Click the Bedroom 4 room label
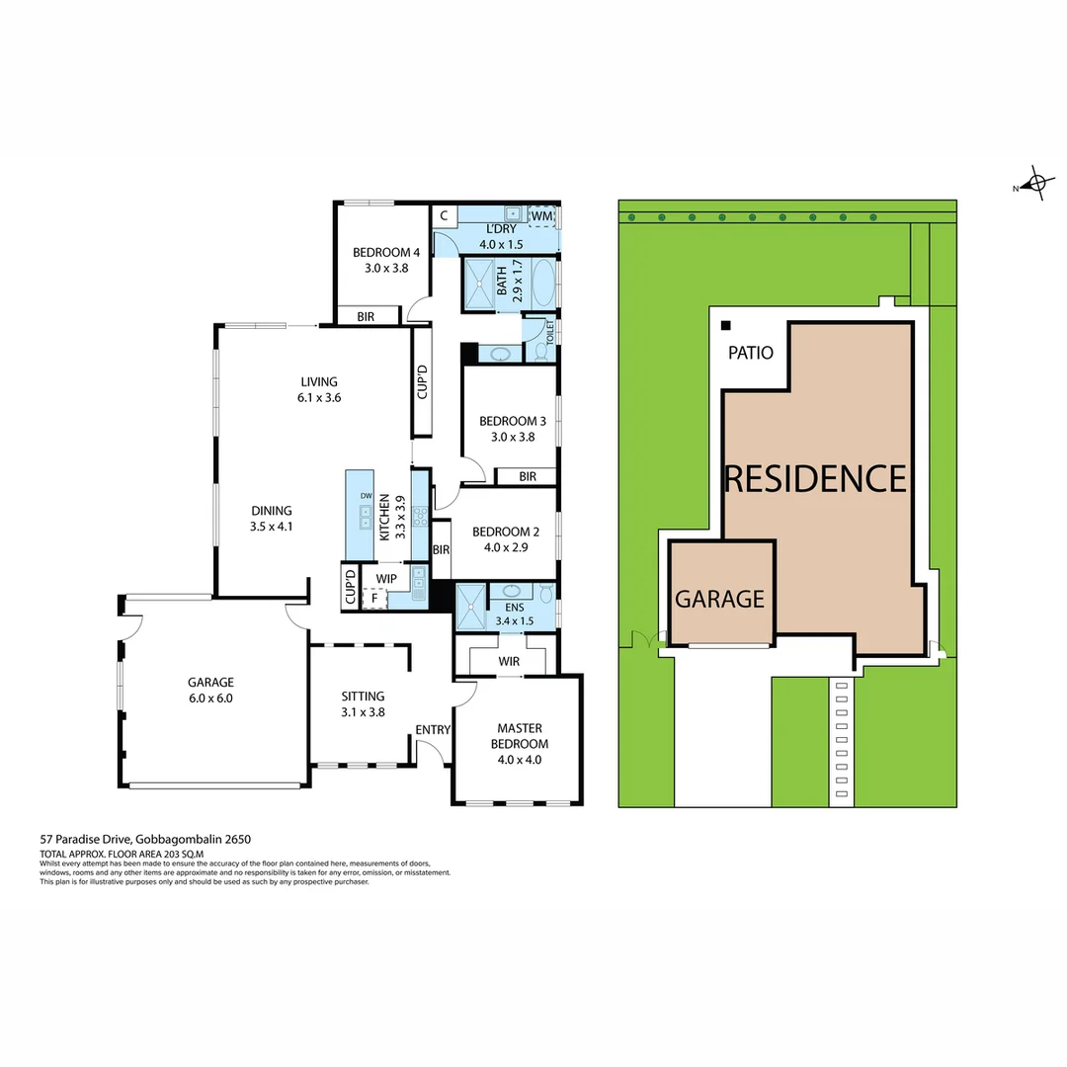click(380, 252)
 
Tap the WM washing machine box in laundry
click(541, 216)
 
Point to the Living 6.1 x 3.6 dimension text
click(320, 398)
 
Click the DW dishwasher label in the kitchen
click(366, 496)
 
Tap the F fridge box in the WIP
click(374, 598)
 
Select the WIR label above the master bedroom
click(509, 660)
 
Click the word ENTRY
click(433, 730)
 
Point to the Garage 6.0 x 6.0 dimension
click(211, 698)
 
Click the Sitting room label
click(363, 697)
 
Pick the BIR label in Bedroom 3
click(528, 476)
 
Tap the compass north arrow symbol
click(1035, 184)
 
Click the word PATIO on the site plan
click(751, 353)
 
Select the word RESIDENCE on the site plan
click(815, 478)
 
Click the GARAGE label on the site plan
click(719, 599)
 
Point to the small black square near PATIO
click(726, 325)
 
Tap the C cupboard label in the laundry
click(444, 215)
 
